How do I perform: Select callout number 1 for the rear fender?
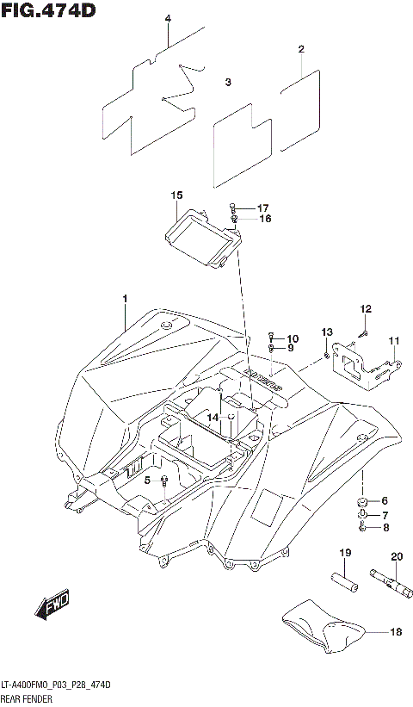coord(124,299)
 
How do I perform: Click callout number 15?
coord(176,196)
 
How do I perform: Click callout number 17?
coord(263,208)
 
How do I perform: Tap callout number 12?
coord(366,309)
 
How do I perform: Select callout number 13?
coord(327,332)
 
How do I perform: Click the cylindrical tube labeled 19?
coord(343,579)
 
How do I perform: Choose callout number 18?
coord(396,633)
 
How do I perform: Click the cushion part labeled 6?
coord(362,501)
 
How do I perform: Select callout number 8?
coord(385,528)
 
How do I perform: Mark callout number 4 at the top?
coord(168,18)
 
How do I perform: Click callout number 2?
coord(301,49)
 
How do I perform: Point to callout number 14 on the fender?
coord(212,417)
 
